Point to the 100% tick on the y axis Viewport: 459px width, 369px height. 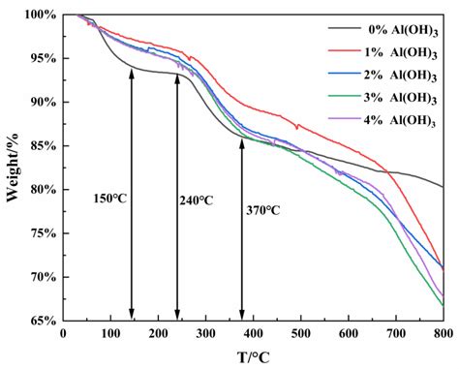coord(40,15)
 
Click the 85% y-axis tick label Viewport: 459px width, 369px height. coord(43,146)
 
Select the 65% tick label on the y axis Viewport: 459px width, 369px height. coord(43,321)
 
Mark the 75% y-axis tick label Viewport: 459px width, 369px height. coord(43,233)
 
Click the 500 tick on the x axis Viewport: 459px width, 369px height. coord(300,333)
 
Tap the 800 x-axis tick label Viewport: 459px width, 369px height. coord(443,333)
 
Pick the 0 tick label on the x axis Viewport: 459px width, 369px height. coord(63,333)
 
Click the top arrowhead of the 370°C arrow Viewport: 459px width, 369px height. coord(241,139)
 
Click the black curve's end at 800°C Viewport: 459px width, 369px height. coord(443,187)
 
